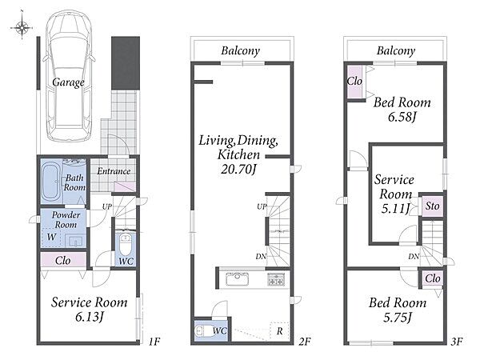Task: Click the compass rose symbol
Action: coord(22,27)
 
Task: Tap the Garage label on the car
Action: coord(68,82)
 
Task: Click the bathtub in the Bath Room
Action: coord(51,182)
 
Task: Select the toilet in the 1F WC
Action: coord(126,244)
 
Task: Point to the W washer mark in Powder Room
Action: coord(51,237)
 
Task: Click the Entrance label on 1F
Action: coord(114,171)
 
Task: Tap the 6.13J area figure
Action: coord(89,317)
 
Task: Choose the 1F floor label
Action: coord(154,341)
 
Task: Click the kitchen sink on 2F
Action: coord(238,279)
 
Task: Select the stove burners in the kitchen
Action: coord(276,279)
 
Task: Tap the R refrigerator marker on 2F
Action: coord(279,331)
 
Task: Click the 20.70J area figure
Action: coord(238,169)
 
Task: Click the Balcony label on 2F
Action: coord(241,51)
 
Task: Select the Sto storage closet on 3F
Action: coord(432,206)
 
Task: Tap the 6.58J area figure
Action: coord(402,117)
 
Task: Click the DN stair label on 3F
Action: coord(414,257)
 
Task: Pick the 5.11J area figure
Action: coord(395,209)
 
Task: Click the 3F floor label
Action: coord(456,341)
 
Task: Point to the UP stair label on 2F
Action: coord(262,207)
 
